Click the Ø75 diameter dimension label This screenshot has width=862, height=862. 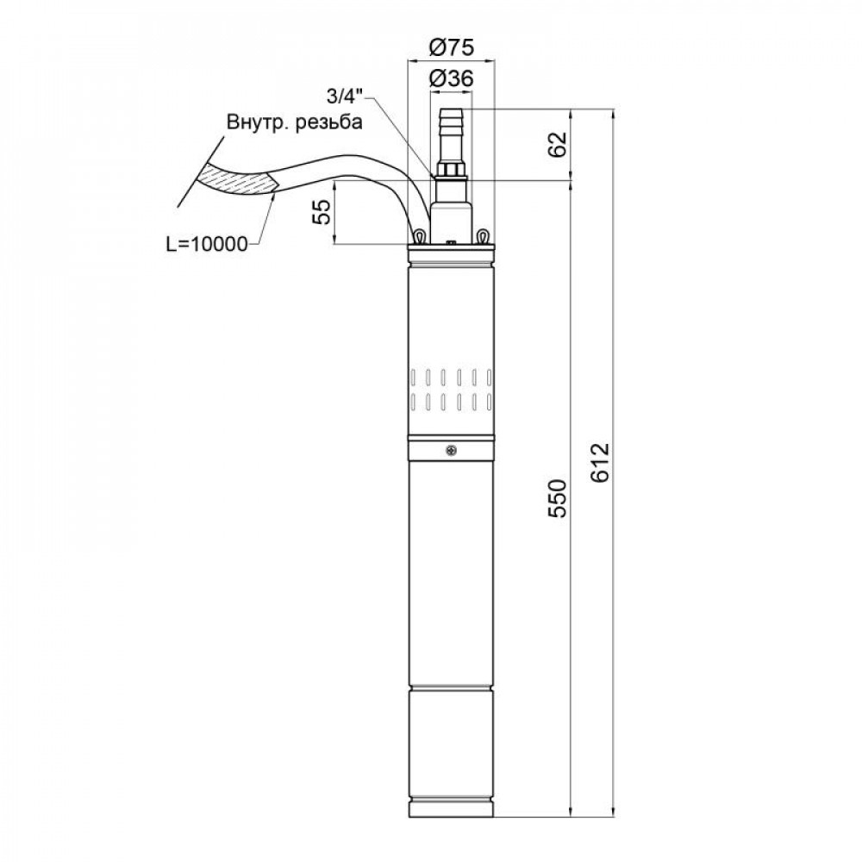point(451,47)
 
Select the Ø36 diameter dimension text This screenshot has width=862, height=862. point(451,78)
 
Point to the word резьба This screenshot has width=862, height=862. point(328,122)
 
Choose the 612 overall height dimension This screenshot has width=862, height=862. point(601,463)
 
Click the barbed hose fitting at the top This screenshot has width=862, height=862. point(451,129)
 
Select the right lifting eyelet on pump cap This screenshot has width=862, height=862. point(484,235)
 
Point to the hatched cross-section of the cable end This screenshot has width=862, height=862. point(237,179)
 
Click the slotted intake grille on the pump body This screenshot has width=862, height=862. point(451,389)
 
